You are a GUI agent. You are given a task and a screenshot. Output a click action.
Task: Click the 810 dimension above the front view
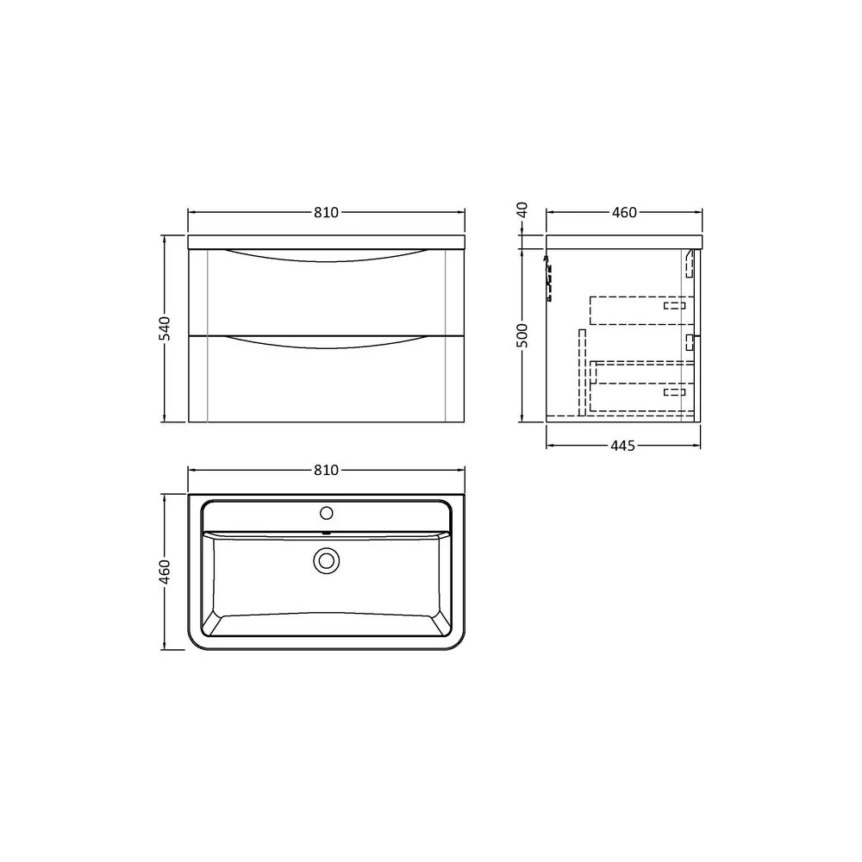326,212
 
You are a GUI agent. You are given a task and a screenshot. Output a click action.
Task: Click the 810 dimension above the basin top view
326,470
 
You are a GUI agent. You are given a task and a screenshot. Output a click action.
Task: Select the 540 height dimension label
165,328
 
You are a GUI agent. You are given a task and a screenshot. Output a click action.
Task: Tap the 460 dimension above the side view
624,212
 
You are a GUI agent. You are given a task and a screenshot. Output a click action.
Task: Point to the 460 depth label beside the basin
165,572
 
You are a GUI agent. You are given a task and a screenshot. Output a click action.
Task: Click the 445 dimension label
623,446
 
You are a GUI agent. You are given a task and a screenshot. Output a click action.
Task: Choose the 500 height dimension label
522,335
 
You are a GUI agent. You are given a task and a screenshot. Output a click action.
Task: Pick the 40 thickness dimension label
522,209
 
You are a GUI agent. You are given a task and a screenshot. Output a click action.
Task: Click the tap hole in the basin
327,513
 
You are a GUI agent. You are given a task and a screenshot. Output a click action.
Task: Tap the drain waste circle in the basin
327,561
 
